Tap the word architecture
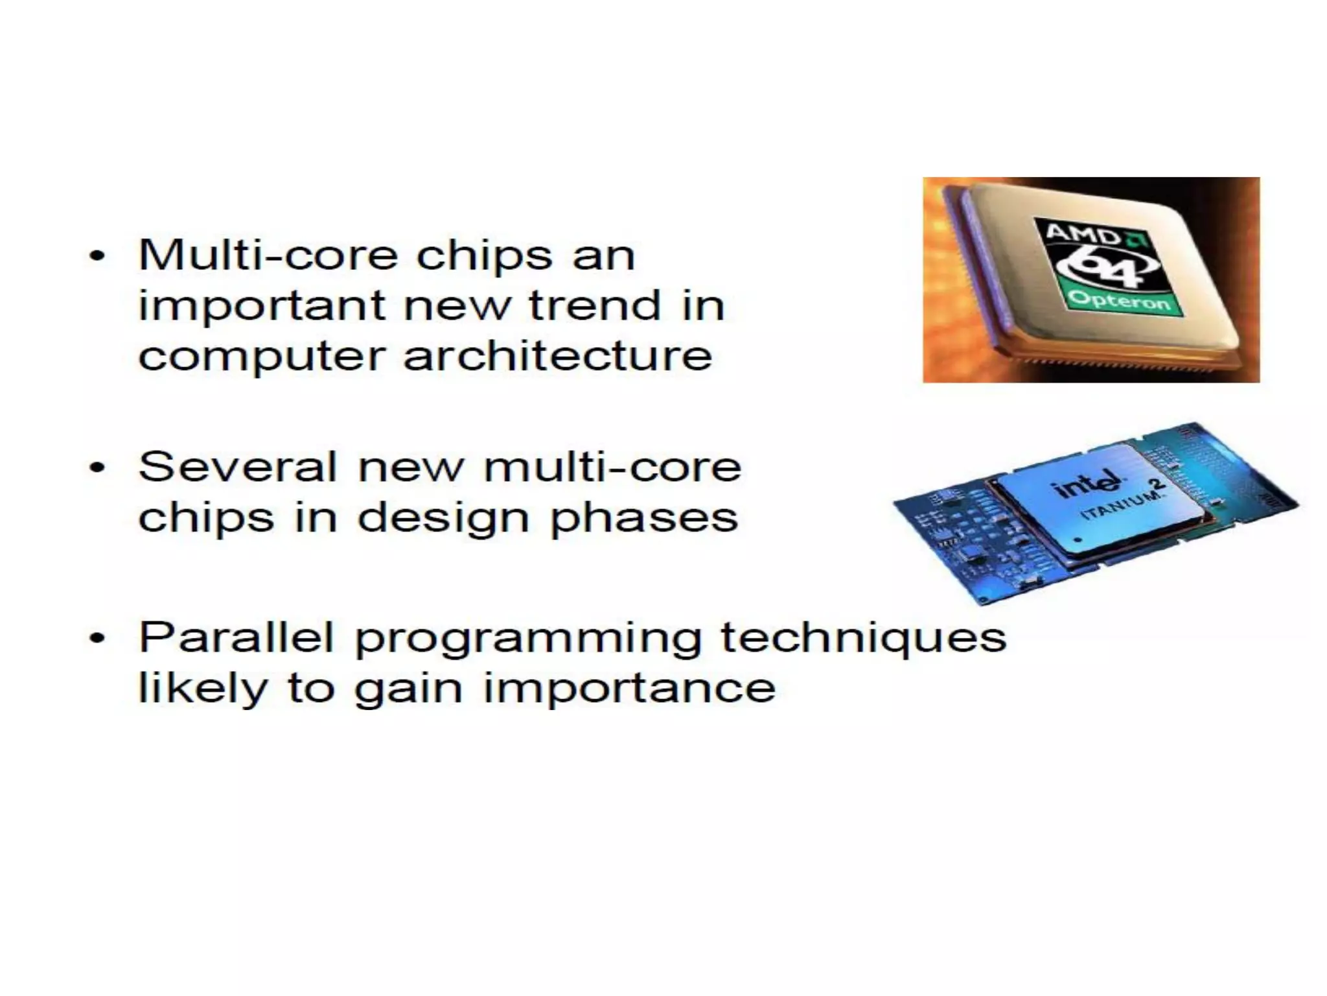tap(558, 356)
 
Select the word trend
tap(595, 305)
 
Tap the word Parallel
tap(237, 637)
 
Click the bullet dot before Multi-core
tap(97, 256)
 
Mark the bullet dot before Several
tap(97, 468)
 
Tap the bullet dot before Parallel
tap(97, 639)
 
